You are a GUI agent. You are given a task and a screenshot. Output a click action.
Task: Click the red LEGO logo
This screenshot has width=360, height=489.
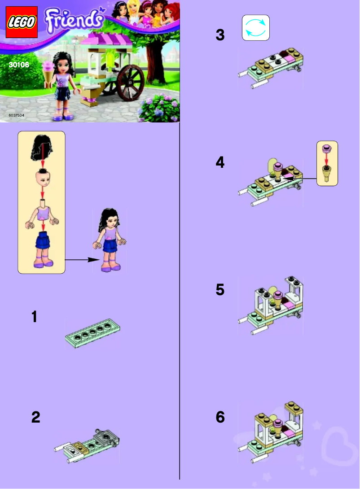(21, 23)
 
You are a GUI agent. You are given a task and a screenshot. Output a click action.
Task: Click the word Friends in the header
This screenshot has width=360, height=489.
(72, 20)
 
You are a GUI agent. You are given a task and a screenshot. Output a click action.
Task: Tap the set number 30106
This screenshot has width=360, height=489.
(18, 65)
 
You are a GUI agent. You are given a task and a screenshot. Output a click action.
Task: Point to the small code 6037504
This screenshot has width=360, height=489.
(17, 116)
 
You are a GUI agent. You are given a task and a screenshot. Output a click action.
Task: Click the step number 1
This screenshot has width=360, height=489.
(34, 317)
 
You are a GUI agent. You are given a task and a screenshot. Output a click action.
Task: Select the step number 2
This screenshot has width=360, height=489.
(35, 418)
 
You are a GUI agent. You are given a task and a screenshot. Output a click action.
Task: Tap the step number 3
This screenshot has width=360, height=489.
(220, 35)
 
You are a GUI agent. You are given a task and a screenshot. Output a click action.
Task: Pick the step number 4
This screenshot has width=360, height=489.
(220, 162)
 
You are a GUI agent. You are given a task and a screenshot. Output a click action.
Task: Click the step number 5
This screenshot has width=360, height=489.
(220, 290)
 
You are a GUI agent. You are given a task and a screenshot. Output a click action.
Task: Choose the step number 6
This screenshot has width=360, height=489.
(220, 418)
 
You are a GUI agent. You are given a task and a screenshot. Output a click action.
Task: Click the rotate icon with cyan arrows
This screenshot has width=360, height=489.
(256, 28)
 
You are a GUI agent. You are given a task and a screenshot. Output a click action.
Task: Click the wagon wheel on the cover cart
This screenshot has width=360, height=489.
(130, 83)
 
